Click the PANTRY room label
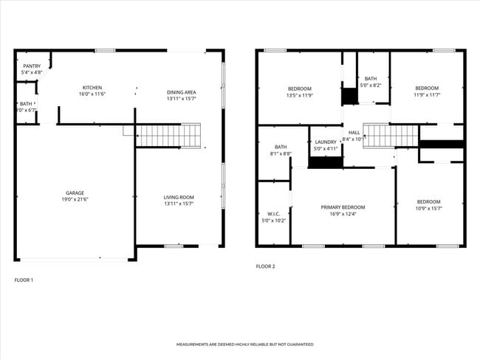tap(32, 66)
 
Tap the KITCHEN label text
tap(92, 88)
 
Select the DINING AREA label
tap(181, 91)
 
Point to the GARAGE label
tap(75, 193)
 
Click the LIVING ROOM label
tap(179, 197)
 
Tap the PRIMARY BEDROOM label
tap(343, 207)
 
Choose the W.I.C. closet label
tap(272, 214)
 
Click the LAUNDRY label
tap(326, 142)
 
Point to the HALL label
tap(354, 132)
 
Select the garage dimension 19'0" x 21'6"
tap(75, 200)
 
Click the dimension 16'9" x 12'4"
tap(343, 214)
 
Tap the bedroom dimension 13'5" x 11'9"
tap(300, 94)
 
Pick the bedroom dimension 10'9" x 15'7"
tap(428, 208)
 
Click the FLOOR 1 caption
tap(24, 280)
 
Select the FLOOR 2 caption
tap(265, 266)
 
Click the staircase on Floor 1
tap(168, 135)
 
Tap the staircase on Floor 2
tap(391, 135)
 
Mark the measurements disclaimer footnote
tap(244, 345)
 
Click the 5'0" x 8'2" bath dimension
tap(371, 86)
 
